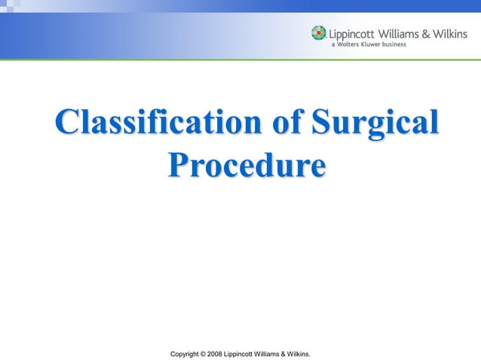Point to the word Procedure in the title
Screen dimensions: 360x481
[247, 165]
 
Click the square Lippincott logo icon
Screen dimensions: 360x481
[318, 33]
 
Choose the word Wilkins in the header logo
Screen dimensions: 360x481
[457, 32]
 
